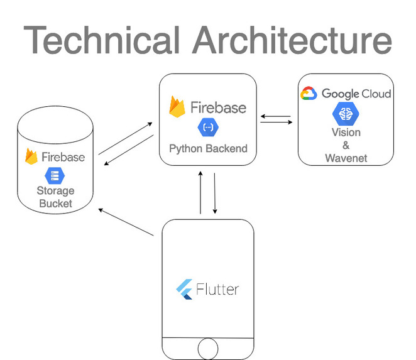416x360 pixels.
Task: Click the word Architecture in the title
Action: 292,40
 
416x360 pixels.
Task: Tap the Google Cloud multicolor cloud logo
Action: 309,94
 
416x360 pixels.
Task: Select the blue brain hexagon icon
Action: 346,114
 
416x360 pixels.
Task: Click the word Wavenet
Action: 346,158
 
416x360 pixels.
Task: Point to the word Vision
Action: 346,133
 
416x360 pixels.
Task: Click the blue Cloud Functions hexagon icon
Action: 208,128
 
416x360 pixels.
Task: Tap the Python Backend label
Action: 208,148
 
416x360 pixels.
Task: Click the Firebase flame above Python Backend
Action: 177,107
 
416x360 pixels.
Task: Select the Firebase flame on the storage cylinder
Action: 31,156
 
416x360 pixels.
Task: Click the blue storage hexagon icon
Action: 55,176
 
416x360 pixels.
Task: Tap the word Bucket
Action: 55,204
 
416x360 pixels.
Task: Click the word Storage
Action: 55,191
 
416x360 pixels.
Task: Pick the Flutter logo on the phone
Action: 184,289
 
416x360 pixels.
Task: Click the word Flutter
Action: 217,289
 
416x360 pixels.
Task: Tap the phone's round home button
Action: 208,349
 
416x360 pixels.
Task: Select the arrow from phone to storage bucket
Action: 126,222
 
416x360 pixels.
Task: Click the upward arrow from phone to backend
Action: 200,193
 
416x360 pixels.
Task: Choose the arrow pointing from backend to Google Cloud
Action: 276,123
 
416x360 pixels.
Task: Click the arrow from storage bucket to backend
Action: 125,138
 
